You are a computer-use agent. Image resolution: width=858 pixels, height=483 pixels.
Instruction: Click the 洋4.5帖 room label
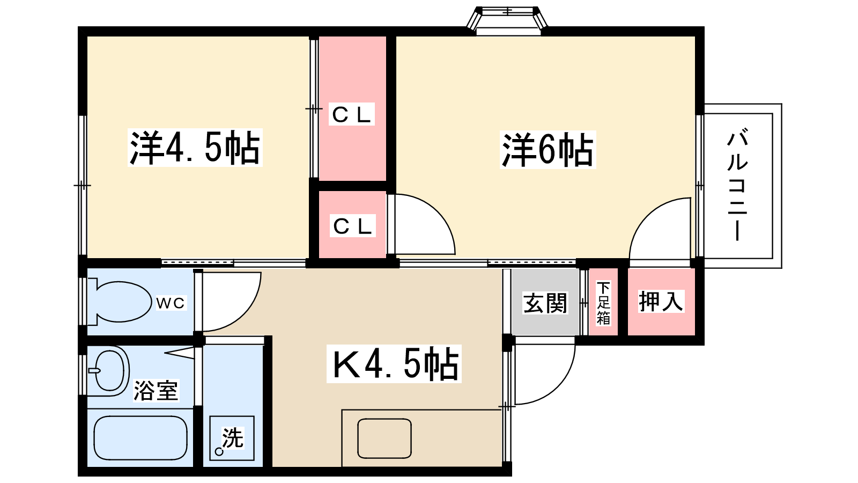tap(195, 148)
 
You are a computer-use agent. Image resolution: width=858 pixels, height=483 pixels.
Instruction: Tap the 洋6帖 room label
tap(548, 150)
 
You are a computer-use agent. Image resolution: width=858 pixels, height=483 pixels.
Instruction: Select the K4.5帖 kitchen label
tap(394, 364)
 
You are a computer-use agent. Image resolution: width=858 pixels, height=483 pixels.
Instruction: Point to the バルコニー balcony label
tap(738, 185)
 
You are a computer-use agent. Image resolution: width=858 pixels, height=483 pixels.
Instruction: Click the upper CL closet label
tap(352, 114)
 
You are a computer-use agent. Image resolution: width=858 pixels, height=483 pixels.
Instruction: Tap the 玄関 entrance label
tap(545, 304)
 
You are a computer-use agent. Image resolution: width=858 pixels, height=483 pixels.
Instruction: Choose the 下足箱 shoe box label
tap(603, 303)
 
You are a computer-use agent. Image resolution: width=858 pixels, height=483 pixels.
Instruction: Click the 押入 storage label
tap(661, 302)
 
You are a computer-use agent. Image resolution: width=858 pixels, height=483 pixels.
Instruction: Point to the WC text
tap(171, 303)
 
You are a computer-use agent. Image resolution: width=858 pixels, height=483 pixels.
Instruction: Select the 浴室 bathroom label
tap(156, 390)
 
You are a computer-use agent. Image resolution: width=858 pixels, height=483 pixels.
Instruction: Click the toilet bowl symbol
tap(122, 302)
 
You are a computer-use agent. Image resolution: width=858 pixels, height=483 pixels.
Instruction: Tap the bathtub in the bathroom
tap(140, 437)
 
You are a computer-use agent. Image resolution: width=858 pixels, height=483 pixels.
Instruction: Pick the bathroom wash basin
tap(110, 370)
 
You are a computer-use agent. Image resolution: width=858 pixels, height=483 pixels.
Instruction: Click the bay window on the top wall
tap(507, 20)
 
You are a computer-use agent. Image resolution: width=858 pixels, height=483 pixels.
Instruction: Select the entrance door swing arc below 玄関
tap(542, 373)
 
